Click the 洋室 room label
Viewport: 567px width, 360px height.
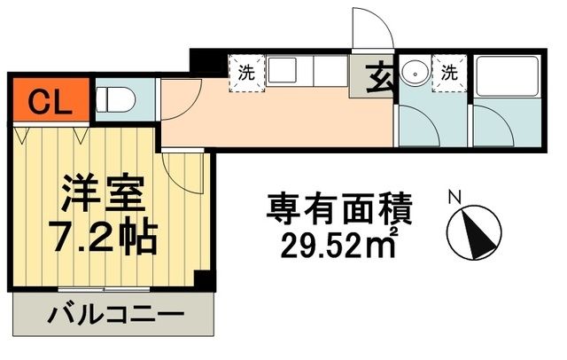pyautogui.click(x=100, y=194)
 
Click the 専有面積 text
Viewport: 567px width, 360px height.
pyautogui.click(x=340, y=211)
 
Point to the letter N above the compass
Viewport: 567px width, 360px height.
pyautogui.click(x=454, y=197)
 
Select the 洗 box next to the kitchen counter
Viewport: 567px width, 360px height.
pyautogui.click(x=245, y=74)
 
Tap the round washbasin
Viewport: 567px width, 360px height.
pyautogui.click(x=413, y=72)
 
